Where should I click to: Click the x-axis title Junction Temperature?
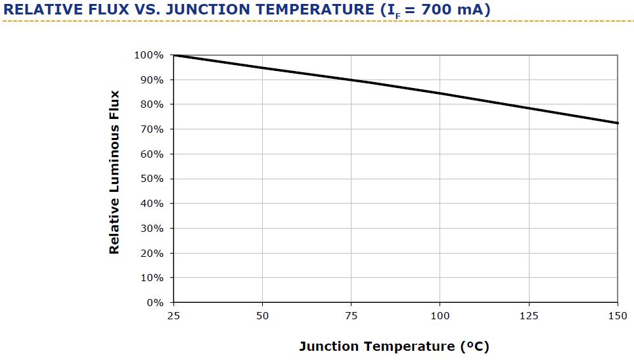[394, 346]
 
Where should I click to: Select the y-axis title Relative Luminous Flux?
[114, 172]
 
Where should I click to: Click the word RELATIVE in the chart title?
[40, 10]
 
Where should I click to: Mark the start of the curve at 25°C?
[173, 55]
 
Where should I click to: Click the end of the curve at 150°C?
[618, 123]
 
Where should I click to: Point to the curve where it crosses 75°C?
[351, 80]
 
